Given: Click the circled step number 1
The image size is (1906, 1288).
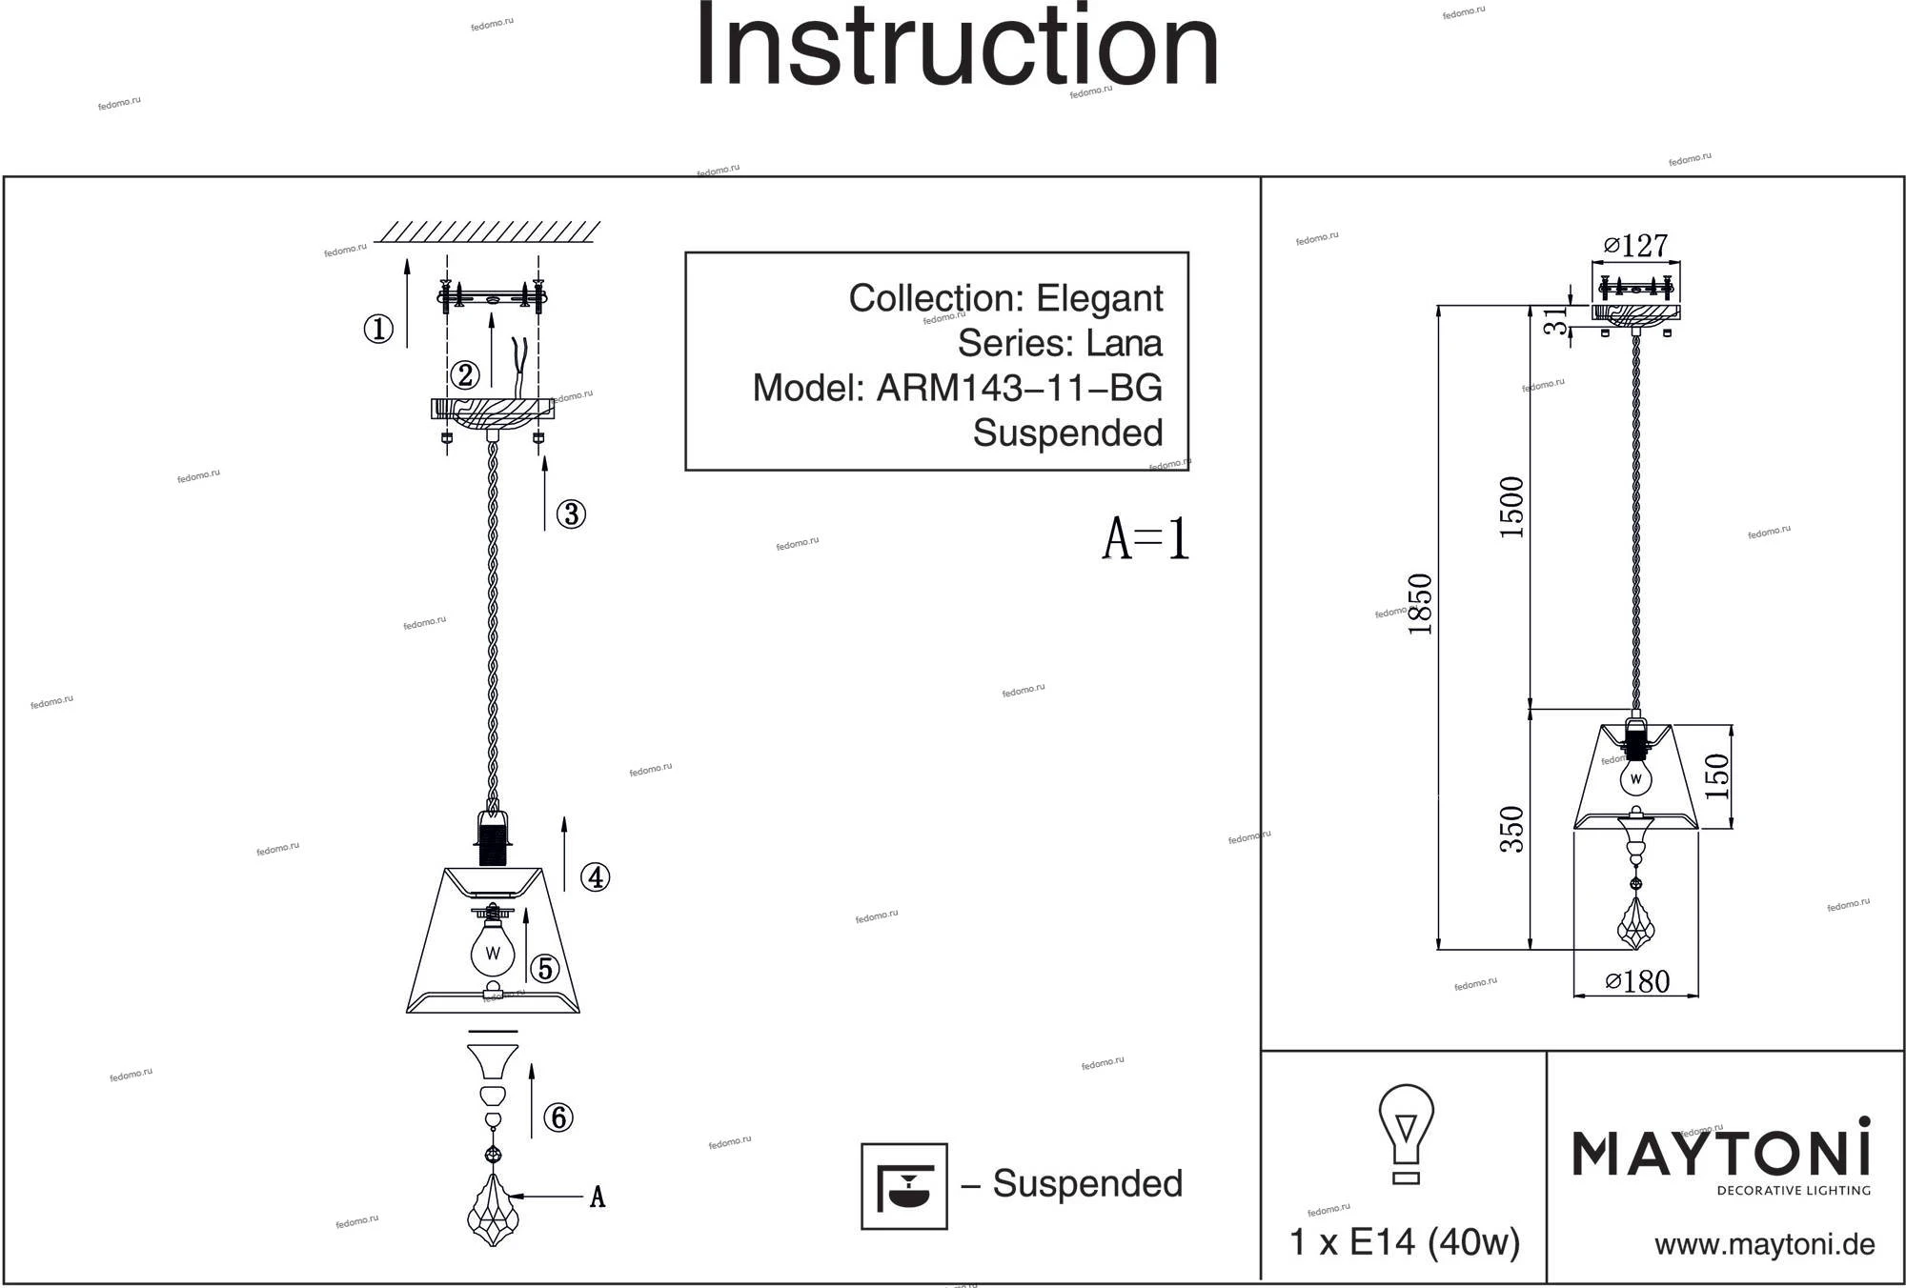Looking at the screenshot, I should point(378,330).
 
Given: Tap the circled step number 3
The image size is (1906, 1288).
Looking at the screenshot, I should point(571,514).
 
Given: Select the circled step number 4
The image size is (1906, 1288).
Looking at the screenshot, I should point(596,877).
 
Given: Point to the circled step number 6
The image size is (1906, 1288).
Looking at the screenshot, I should point(558,1117).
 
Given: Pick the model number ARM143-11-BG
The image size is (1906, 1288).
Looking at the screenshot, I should point(1019,388).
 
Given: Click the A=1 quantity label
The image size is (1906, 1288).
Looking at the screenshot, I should point(1146,539).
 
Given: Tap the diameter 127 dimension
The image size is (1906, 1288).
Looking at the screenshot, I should point(1636,246).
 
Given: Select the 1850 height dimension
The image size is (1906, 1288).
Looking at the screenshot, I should point(1420,605).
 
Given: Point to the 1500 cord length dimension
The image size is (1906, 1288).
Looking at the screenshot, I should point(1512,508).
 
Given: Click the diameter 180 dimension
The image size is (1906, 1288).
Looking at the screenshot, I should point(1637,982).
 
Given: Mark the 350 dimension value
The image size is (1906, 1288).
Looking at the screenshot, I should point(1512,829).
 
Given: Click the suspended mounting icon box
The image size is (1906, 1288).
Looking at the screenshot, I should point(903,1186).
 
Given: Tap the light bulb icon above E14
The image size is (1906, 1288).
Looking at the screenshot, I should point(1406,1134).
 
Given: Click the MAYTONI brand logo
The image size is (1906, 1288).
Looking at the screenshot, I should point(1721,1155).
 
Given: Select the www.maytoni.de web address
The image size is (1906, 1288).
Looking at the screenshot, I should point(1764,1245).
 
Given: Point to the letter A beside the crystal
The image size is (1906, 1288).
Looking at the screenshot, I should point(598,1197).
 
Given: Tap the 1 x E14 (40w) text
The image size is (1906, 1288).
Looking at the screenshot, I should point(1404,1242).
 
